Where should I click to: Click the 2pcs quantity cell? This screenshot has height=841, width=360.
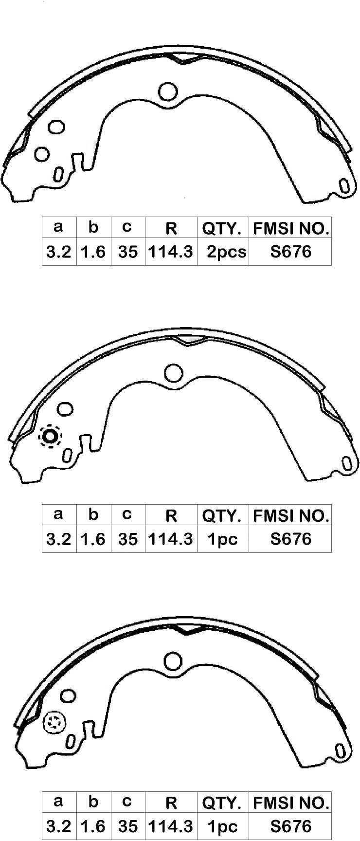point(226,252)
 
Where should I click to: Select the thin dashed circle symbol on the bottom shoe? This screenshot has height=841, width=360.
point(54,723)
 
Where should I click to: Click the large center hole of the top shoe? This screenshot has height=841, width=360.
point(168,91)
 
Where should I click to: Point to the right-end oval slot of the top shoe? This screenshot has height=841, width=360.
point(344,186)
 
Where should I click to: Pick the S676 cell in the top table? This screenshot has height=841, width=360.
point(290,252)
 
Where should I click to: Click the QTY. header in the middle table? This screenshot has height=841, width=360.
point(222,515)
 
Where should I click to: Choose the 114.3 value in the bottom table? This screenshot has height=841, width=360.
point(170,826)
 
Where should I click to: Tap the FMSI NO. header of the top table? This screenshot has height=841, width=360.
point(291,228)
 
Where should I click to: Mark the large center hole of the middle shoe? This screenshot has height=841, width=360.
point(173,373)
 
